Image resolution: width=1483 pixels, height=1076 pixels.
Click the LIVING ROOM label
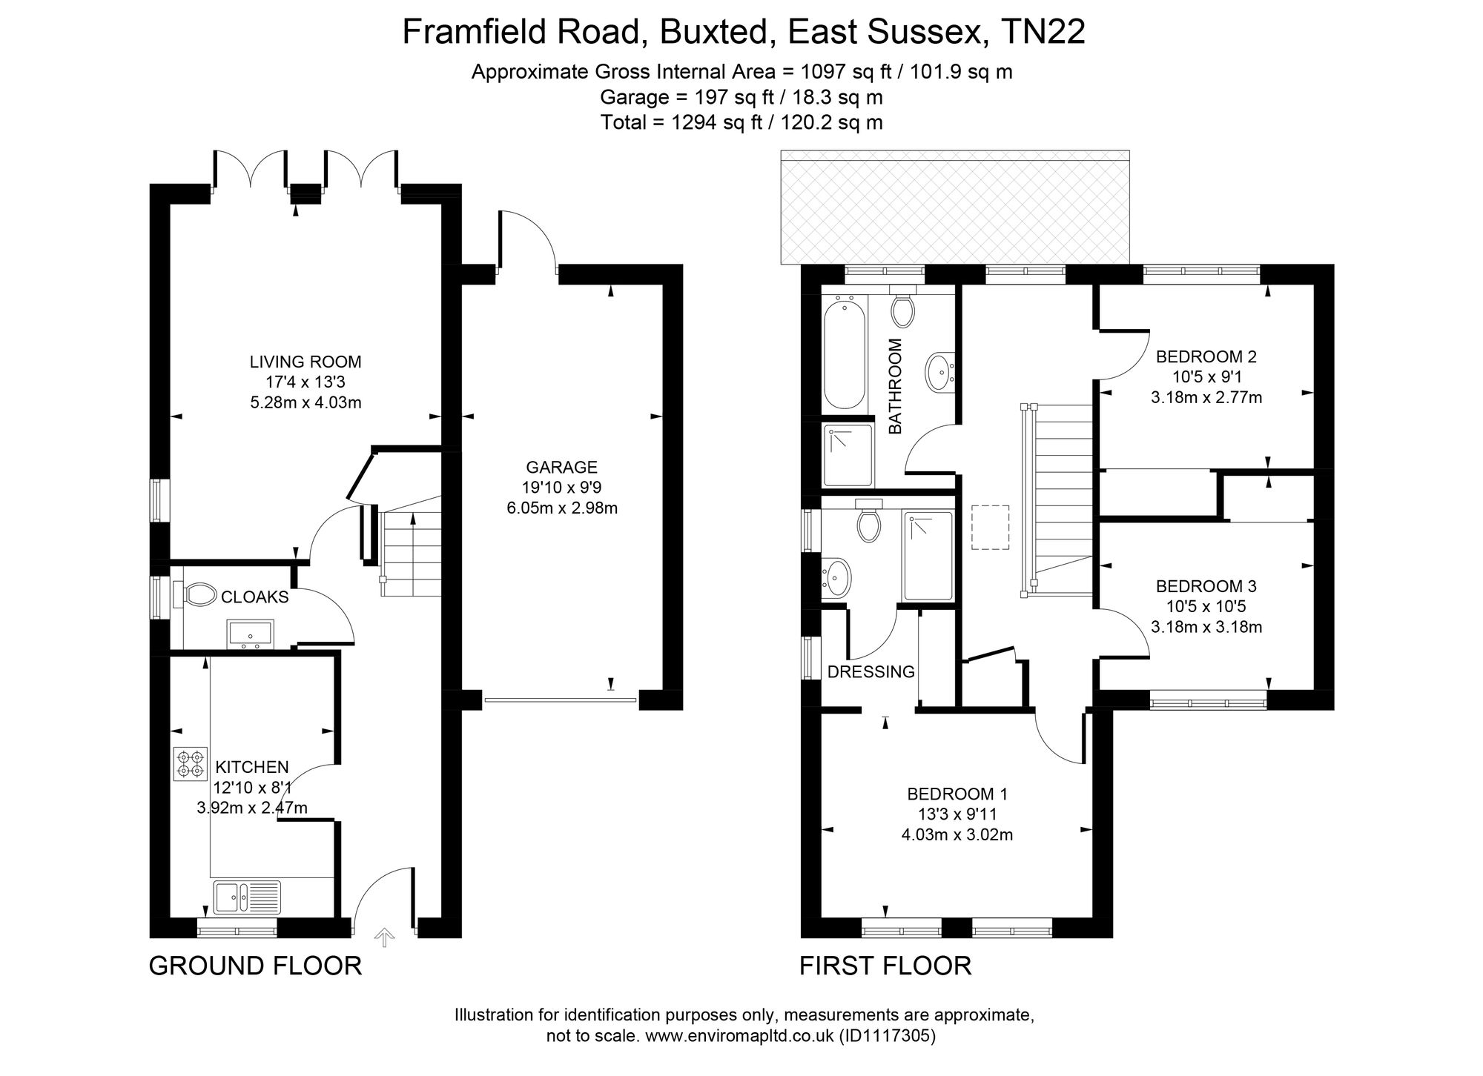coord(305,362)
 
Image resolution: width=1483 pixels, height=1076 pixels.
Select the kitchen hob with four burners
coord(190,764)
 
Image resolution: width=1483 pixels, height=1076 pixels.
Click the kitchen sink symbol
coord(247,897)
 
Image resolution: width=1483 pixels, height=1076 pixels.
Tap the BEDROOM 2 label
coord(1206,356)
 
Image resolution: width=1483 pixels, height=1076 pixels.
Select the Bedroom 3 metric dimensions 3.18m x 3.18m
coord(1206,627)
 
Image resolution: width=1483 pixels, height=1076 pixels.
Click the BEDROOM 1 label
coord(957,794)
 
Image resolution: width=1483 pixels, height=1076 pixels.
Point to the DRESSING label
coord(871,672)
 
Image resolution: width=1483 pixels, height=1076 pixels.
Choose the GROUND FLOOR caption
coord(256,966)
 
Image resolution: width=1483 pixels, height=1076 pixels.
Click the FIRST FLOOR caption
coord(885,966)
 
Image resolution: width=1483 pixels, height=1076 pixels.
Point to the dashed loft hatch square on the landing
coord(991,527)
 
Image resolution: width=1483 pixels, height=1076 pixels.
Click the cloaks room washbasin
coord(251,634)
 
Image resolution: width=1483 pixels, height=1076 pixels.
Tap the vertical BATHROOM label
coord(895,386)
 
